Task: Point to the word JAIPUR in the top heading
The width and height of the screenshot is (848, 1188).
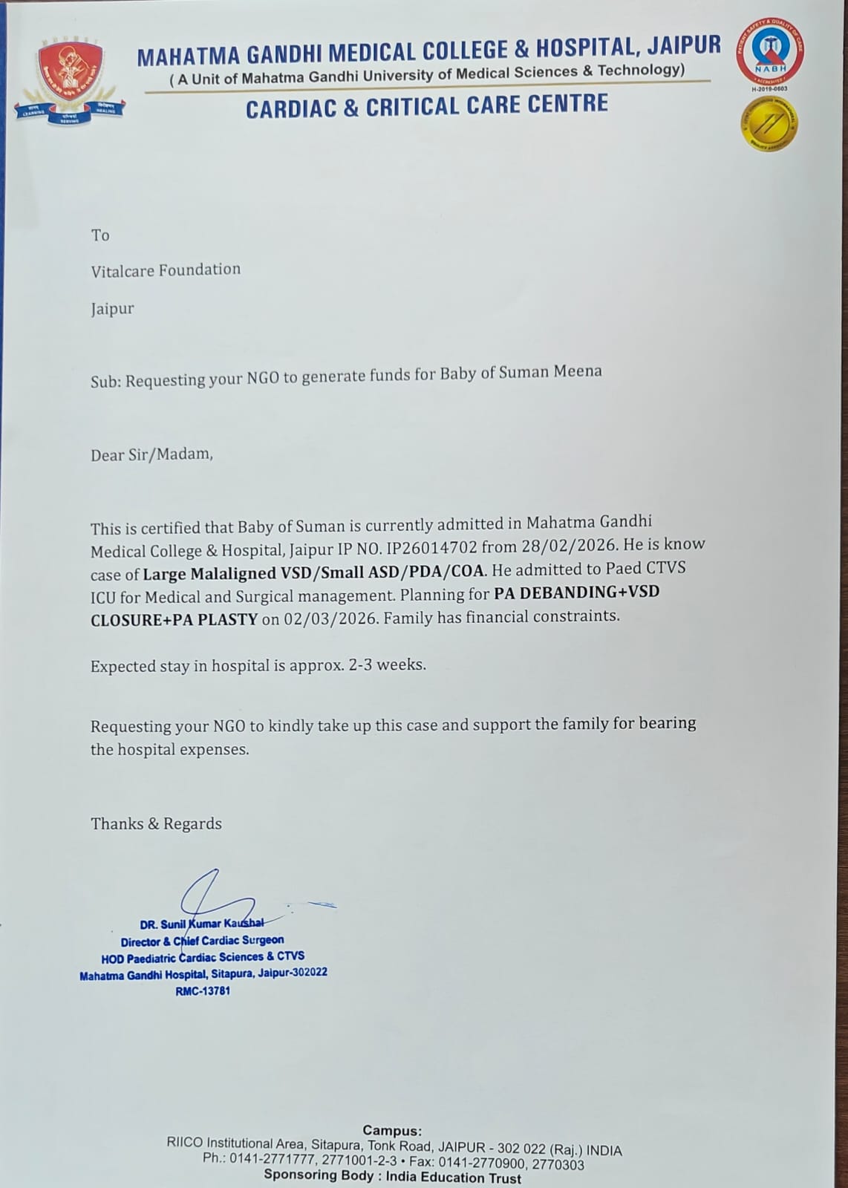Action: (683, 45)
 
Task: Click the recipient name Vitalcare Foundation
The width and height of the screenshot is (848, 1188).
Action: (166, 270)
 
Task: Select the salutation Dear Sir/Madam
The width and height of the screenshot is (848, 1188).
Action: (151, 454)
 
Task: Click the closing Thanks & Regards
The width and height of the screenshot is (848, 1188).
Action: (156, 823)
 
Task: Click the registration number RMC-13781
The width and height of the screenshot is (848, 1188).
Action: (203, 990)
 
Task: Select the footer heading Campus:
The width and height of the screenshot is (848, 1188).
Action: (391, 1131)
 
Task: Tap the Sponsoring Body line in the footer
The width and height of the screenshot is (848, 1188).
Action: (392, 1177)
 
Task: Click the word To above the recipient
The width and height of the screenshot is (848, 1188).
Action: (100, 235)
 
